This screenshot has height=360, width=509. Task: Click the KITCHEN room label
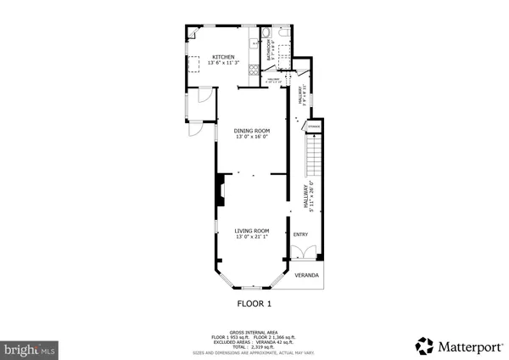tap(211, 57)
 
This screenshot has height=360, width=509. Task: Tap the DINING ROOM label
tap(252, 130)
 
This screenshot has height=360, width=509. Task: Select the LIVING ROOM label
tap(252, 230)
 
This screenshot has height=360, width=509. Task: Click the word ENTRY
tap(300, 234)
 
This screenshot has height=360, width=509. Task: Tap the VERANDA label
tap(306, 276)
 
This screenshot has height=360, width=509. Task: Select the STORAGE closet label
tap(314, 127)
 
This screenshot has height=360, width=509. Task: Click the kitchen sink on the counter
tap(255, 42)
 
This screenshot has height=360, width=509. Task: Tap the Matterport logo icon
tap(423, 345)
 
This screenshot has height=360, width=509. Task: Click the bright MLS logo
tap(30, 349)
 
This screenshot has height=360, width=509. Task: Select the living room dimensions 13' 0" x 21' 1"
tap(252, 237)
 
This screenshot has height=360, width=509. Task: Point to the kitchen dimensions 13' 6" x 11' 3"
tap(211, 64)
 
